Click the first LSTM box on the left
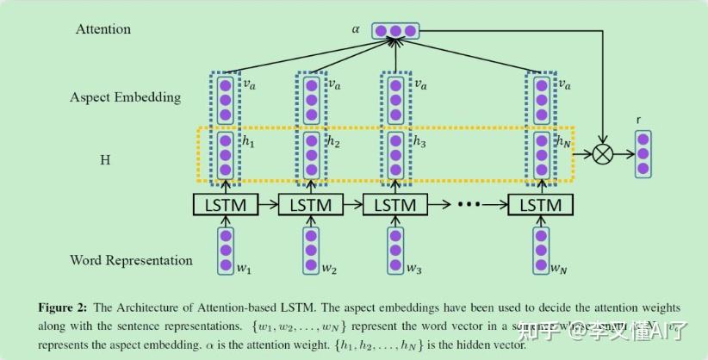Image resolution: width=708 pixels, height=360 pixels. click(225, 206)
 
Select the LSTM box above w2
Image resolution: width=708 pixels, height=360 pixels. click(310, 206)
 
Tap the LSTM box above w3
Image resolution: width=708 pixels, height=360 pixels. click(394, 206)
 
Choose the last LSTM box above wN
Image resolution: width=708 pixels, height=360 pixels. click(541, 206)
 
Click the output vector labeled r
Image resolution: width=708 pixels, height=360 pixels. click(643, 154)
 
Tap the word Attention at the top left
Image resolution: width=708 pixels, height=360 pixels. click(103, 29)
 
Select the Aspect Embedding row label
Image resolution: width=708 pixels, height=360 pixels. click(125, 97)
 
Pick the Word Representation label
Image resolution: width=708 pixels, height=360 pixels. click(131, 259)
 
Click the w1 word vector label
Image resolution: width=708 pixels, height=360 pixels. click(244, 270)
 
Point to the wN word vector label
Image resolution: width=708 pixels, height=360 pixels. click(560, 270)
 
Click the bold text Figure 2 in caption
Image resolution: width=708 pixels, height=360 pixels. click(62, 307)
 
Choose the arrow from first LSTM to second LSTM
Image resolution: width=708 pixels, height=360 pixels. click(267, 206)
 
